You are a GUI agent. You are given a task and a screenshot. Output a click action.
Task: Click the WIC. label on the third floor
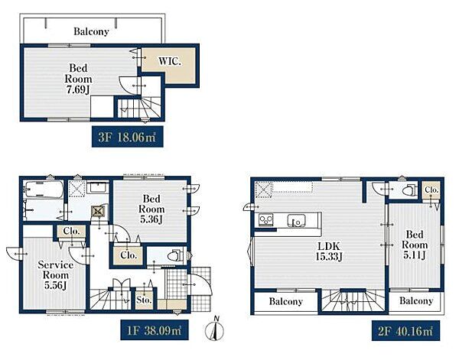tap(170, 62)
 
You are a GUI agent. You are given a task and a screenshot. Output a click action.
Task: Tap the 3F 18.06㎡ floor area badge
tap(127, 137)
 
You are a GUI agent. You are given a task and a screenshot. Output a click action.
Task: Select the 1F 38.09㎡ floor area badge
tap(155, 330)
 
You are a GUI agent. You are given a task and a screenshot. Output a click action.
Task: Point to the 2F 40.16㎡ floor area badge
tap(405, 330)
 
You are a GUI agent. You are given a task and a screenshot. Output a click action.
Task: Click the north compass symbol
tap(214, 329)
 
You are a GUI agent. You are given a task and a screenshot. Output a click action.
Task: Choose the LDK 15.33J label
tap(329, 251)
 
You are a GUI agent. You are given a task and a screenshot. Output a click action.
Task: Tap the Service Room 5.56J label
tap(55, 275)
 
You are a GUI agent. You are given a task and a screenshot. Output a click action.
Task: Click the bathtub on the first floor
tap(44, 190)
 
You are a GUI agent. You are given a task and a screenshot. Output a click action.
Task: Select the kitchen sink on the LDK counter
tap(296, 220)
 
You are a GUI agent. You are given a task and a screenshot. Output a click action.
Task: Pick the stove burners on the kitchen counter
tap(265, 219)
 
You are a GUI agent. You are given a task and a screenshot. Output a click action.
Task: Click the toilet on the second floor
tap(409, 190)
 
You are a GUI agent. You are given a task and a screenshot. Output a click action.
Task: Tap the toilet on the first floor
tap(177, 255)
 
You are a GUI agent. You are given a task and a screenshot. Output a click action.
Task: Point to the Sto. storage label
tap(144, 300)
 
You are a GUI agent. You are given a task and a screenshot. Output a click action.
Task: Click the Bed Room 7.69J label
tap(78, 79)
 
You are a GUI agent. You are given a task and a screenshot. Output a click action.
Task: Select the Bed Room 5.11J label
tap(414, 245)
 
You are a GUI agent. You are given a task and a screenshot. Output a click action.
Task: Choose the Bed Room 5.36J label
tap(151, 209)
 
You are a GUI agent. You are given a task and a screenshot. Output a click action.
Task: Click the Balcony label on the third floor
tap(91, 31)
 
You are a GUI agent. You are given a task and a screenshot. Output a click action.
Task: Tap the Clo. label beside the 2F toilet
tap(431, 190)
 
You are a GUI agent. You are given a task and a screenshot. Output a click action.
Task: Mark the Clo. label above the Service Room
tap(71, 231)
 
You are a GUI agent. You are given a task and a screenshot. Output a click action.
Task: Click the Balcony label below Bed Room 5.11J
tap(416, 300)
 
